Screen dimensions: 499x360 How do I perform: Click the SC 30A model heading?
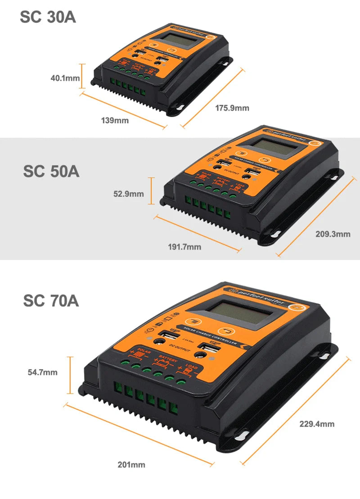pos(48,17)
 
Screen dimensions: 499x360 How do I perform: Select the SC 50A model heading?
pos(51,172)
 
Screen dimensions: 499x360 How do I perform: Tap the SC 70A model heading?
pos(51,301)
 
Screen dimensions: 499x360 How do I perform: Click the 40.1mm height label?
pos(65,78)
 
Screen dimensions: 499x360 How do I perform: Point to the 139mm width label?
pos(115,120)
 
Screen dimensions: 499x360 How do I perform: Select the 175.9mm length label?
pos(232,108)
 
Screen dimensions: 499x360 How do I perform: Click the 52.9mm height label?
pos(129,194)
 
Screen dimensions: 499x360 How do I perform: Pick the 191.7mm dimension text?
pos(184,247)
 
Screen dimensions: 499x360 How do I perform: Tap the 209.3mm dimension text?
pos(333,234)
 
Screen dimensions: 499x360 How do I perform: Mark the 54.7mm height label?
pos(42,372)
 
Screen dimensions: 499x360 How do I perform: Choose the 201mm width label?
pos(131,464)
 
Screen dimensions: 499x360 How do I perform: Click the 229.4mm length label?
pos(317,424)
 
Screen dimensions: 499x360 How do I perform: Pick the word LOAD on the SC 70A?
pos(191,367)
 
